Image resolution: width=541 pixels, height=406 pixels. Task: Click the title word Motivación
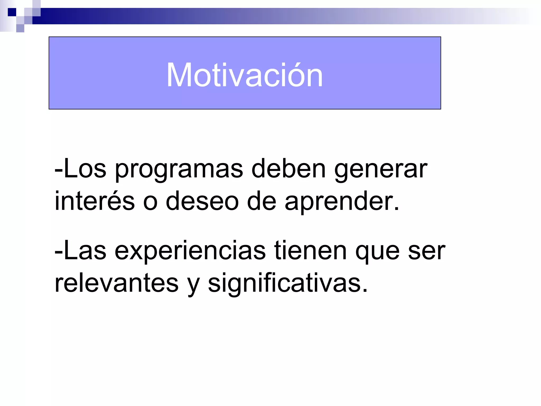pos(245,75)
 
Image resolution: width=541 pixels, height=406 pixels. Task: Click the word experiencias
pos(190,251)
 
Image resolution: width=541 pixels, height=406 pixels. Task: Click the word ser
pos(427,251)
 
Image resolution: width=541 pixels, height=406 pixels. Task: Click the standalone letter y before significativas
pos(193,285)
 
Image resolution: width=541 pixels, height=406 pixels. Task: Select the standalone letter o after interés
pos(150,202)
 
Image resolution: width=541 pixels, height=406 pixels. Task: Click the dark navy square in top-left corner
pos(12,12)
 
